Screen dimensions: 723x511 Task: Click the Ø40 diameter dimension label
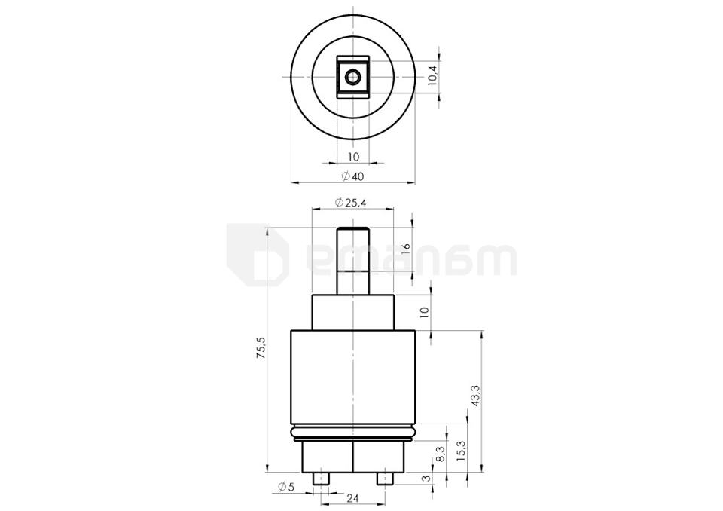tap(352, 176)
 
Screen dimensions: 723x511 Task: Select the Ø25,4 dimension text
tap(351, 203)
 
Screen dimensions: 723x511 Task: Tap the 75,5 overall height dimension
tap(261, 348)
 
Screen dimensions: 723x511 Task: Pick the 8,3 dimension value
tap(441, 454)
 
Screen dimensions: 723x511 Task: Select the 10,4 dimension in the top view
tap(433, 75)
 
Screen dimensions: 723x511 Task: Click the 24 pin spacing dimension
tap(352, 498)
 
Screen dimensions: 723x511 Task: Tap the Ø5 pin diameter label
tap(286, 486)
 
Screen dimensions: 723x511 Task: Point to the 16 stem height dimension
tap(406, 246)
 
